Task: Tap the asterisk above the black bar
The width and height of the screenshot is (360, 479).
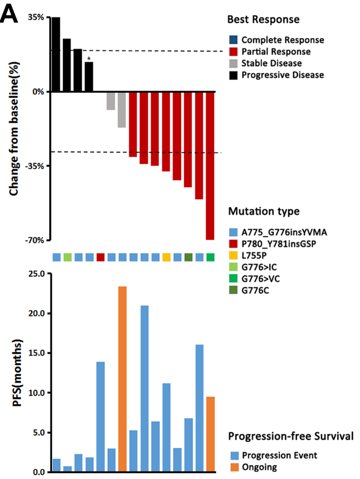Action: click(x=89, y=59)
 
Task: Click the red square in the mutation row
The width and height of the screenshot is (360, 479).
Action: click(x=100, y=257)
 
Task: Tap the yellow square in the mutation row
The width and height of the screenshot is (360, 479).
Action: click(x=166, y=257)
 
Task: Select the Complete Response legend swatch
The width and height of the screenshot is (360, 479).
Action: click(x=232, y=40)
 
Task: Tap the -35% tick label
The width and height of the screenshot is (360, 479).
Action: click(x=35, y=166)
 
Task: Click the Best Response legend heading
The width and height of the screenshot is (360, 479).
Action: click(x=263, y=20)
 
